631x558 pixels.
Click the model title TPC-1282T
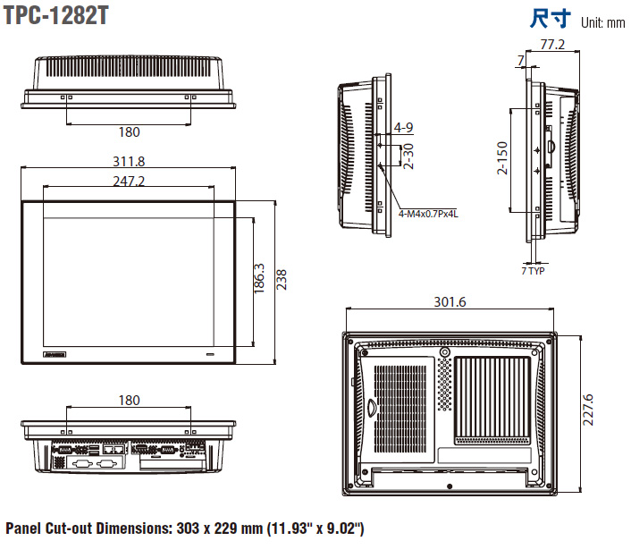click(56, 17)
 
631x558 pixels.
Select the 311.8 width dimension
click(129, 162)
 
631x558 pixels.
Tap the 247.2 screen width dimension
click(129, 182)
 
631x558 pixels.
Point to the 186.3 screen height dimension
click(259, 279)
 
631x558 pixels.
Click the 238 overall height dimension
click(282, 279)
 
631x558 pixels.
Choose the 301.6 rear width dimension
click(450, 302)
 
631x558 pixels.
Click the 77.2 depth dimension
click(552, 45)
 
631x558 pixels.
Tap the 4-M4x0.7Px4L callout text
click(428, 214)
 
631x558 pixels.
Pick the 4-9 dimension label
click(402, 127)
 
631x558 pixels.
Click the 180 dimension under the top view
click(129, 132)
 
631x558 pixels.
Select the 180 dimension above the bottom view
click(129, 399)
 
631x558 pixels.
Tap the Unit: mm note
click(602, 22)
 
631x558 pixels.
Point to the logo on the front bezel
click(55, 355)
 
